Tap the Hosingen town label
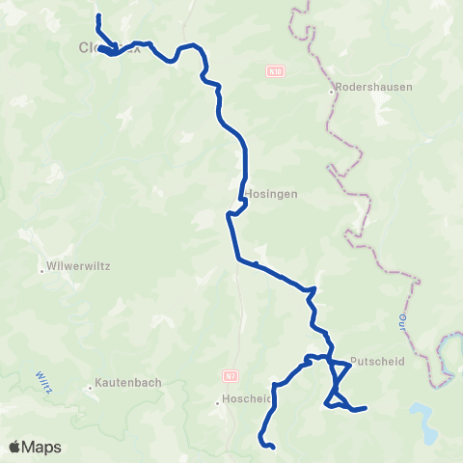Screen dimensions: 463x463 coord(271,193)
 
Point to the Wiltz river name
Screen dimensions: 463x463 coord(43,380)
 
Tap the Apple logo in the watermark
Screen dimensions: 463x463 coord(15,447)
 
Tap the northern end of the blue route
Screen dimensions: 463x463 coord(98,15)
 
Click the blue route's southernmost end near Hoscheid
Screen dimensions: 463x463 coord(274,447)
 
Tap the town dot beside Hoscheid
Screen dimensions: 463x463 coord(220,402)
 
